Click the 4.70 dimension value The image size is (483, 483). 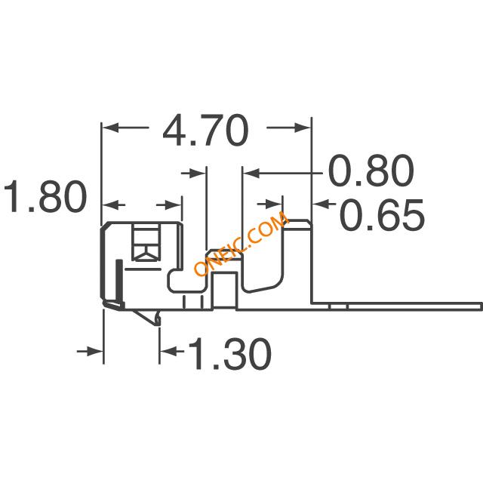tap(205, 131)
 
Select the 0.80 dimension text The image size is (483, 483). tap(371, 171)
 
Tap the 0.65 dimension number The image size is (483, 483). tap(382, 214)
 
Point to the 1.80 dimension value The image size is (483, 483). tap(45, 196)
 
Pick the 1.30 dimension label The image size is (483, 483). tap(229, 354)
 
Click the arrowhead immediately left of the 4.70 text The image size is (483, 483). tap(110, 128)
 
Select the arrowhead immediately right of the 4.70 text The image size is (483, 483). tap(302, 128)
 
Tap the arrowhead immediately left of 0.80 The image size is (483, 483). tap(251, 174)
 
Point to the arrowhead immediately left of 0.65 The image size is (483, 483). tap(321, 204)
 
